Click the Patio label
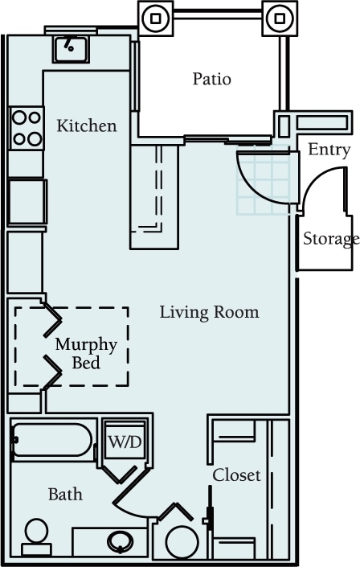212,79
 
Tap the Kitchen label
86,126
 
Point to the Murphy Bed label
86,354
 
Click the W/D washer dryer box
125,442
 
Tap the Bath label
65,494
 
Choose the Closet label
236,475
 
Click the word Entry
329,150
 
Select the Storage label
330,239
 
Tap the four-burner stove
27,129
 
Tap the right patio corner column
277,17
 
